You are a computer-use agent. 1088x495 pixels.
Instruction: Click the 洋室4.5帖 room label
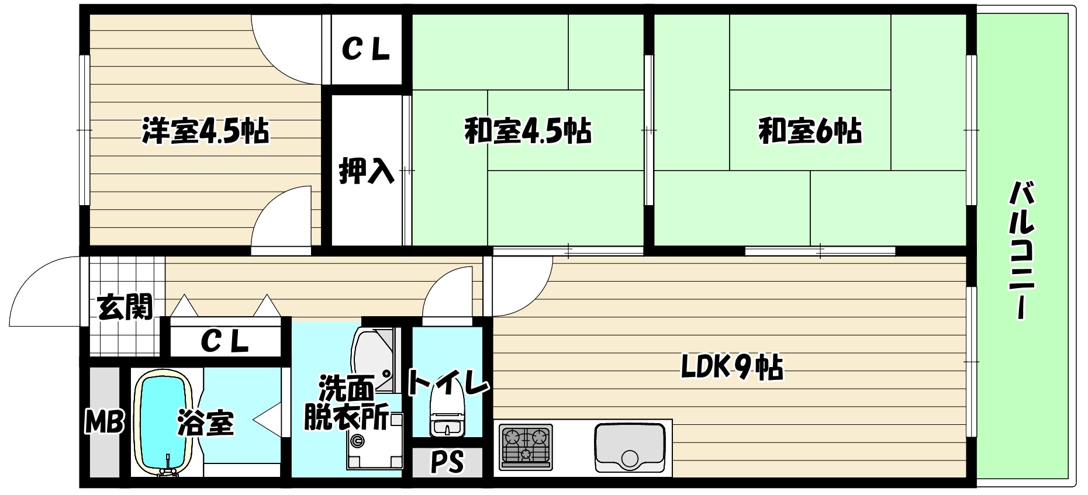coord(205,131)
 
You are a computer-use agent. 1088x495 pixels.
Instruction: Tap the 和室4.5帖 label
coord(527,131)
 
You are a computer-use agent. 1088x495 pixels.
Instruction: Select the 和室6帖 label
coord(810,131)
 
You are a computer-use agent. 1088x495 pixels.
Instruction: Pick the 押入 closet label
coord(367,170)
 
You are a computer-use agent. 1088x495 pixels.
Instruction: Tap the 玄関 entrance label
coord(125,306)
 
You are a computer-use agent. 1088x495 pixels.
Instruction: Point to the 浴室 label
coord(206,422)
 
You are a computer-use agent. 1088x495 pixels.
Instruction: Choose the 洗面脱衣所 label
coord(347,403)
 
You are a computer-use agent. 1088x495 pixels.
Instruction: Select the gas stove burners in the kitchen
coord(526,446)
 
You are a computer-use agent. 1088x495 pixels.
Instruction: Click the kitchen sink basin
coord(629,446)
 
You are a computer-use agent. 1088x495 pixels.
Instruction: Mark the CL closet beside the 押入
coord(365,50)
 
